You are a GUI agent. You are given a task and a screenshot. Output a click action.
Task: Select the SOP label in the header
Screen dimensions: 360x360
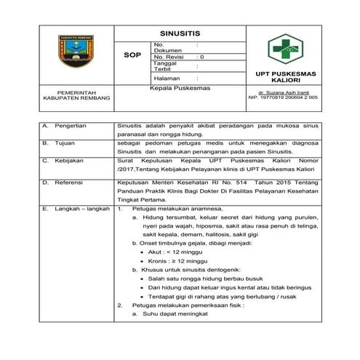[133, 55]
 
